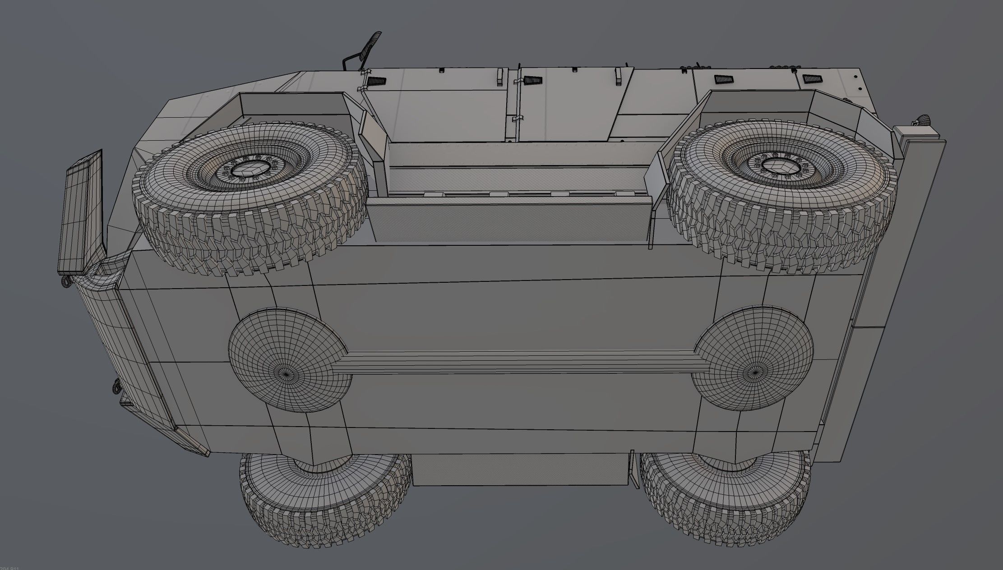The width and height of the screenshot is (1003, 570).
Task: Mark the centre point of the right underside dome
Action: tap(757, 372)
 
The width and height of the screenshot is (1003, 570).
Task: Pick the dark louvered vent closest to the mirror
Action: tap(377, 82)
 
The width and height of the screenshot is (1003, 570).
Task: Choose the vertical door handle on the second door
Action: tap(617, 77)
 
